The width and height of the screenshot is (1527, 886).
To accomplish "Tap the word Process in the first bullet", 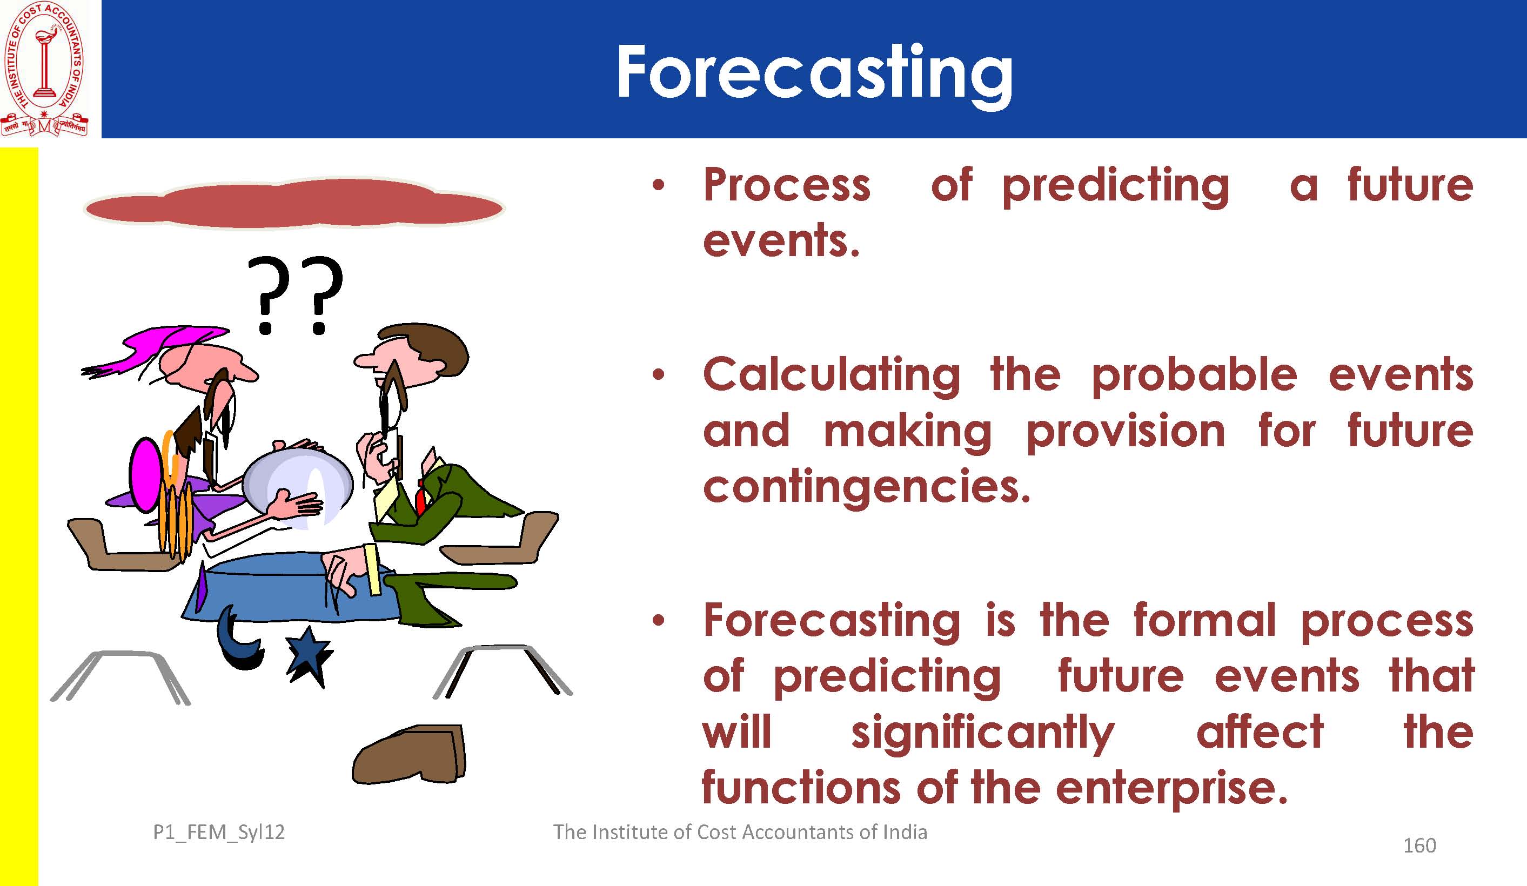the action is (x=787, y=185).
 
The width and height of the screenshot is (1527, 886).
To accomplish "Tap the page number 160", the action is (x=1419, y=845).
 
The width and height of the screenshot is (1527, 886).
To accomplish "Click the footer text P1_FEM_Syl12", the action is (x=219, y=833).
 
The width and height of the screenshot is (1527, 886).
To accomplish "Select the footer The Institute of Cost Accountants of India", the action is (x=740, y=832).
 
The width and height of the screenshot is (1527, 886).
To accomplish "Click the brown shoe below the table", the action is (x=409, y=755).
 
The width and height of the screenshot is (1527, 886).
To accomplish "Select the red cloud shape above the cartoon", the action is (x=294, y=204).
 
